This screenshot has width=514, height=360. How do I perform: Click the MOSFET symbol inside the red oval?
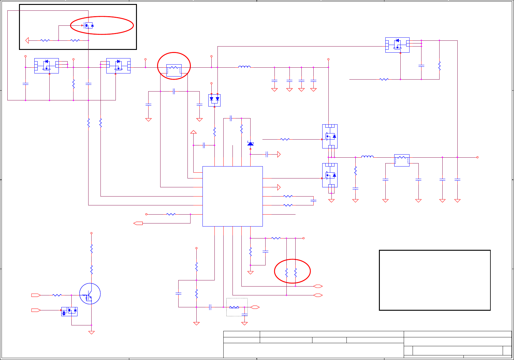pos(88,26)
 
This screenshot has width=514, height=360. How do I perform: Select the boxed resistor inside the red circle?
pos(174,70)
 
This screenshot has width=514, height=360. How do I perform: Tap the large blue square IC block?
pos(232,196)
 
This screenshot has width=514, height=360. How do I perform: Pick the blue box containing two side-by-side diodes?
pos(214,100)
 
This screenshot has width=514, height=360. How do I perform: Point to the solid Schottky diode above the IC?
pos(251,144)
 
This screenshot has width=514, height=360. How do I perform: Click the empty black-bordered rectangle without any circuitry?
pos(435,280)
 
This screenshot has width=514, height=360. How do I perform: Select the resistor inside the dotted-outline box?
pos(234,307)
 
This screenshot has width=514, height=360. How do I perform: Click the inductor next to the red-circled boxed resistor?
pos(244,67)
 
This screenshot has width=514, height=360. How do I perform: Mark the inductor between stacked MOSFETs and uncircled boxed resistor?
pos(367,157)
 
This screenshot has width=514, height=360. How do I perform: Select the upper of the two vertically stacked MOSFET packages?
pos(330,136)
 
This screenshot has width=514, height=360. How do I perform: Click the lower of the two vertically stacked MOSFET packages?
pos(330,175)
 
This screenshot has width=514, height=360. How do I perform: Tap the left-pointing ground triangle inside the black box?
pos(27,40)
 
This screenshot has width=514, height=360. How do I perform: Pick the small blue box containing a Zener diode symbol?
pos(69,312)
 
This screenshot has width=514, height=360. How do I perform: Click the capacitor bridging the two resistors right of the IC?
pos(313,201)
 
